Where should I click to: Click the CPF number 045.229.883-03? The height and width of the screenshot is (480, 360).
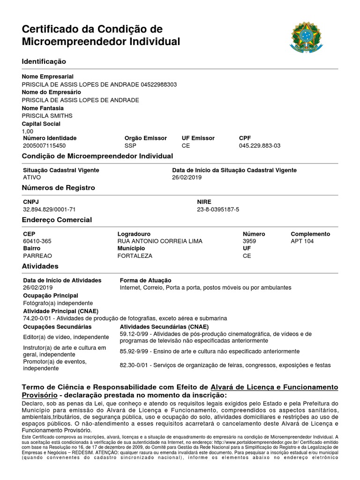pyautogui.click(x=260, y=146)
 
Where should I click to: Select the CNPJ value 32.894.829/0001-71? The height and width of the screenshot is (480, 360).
pyautogui.click(x=49, y=209)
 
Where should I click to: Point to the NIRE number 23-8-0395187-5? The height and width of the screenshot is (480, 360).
pyautogui.click(x=218, y=209)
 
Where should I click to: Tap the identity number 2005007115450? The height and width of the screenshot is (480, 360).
pyautogui.click(x=45, y=146)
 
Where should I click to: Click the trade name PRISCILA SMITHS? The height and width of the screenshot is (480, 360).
pyautogui.click(x=47, y=116)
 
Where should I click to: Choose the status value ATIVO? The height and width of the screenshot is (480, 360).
pyautogui.click(x=32, y=178)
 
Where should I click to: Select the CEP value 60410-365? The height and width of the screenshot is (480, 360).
pyautogui.click(x=37, y=241)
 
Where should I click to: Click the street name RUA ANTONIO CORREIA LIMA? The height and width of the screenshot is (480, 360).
pyautogui.click(x=160, y=241)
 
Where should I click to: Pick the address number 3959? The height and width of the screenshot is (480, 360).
pyautogui.click(x=250, y=241)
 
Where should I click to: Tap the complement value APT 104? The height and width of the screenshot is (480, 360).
pyautogui.click(x=302, y=241)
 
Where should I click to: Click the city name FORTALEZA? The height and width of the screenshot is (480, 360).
pyautogui.click(x=135, y=256)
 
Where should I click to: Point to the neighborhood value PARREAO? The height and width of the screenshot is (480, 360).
pyautogui.click(x=37, y=256)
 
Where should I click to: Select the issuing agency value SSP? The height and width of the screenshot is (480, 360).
pyautogui.click(x=129, y=146)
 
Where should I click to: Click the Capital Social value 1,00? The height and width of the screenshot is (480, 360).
pyautogui.click(x=28, y=132)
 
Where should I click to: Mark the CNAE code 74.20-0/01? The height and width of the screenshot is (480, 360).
pyautogui.click(x=37, y=318)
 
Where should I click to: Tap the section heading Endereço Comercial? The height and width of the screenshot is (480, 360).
pyautogui.click(x=57, y=220)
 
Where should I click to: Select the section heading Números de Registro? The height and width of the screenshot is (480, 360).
pyautogui.click(x=59, y=188)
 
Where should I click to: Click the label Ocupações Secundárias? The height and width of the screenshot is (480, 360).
pyautogui.click(x=57, y=327)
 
